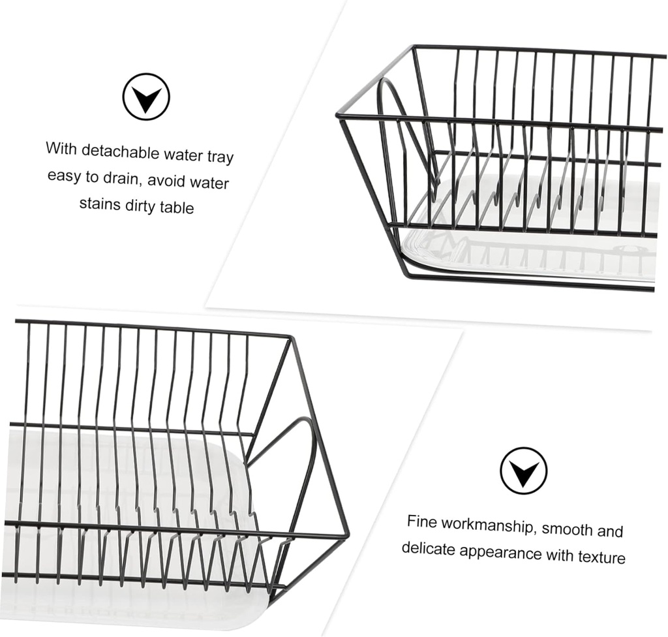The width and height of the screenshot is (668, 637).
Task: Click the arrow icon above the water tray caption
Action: pyautogui.click(x=146, y=97)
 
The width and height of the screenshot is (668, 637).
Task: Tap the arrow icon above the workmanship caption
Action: pyautogui.click(x=523, y=470)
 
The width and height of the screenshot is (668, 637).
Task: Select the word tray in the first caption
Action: pyautogui.click(x=219, y=157)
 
